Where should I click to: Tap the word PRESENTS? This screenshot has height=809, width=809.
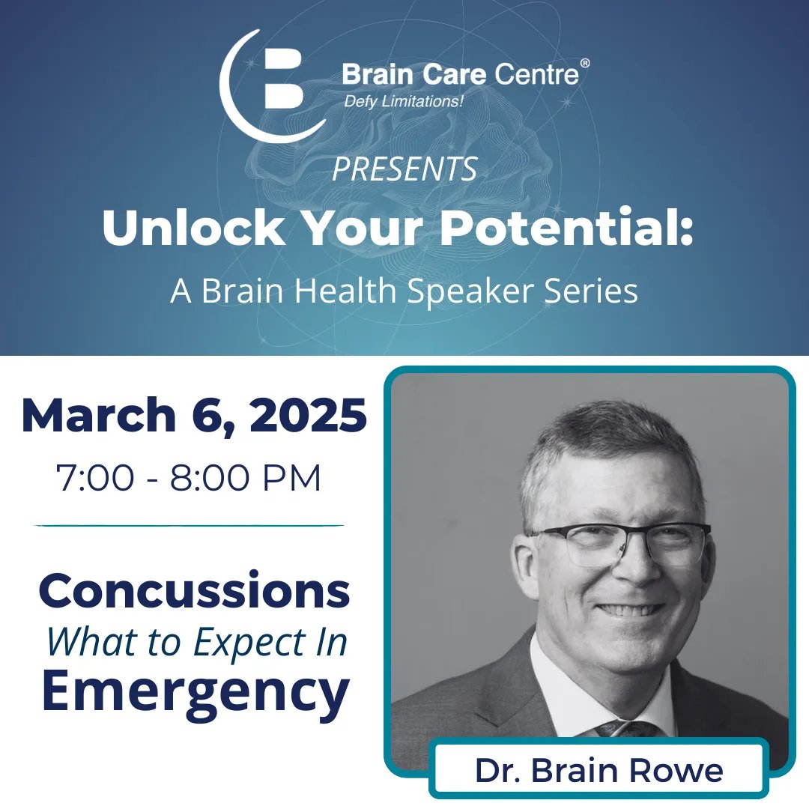click(x=404, y=169)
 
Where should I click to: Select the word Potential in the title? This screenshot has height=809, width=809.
click(x=561, y=231)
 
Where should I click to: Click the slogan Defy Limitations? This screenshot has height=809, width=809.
click(x=403, y=101)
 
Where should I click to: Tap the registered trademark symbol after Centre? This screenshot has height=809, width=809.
click(x=584, y=64)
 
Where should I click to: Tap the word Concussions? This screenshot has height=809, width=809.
click(x=194, y=591)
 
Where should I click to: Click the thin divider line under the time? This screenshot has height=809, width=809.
click(x=189, y=526)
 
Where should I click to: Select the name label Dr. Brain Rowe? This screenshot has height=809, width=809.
click(x=599, y=770)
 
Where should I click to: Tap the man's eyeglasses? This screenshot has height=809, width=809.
click(x=622, y=539)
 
